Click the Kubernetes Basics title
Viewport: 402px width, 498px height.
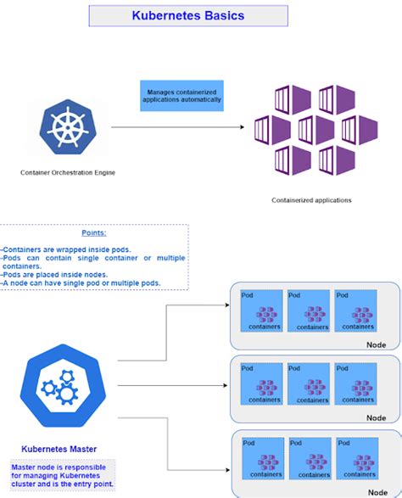coord(187,15)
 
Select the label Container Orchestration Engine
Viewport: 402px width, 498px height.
coord(69,172)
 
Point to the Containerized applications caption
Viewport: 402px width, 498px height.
coord(311,200)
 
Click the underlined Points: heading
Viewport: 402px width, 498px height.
coord(94,232)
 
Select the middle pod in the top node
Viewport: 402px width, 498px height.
coord(310,311)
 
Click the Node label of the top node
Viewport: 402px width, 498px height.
coord(376,344)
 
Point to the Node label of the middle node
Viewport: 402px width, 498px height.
coord(376,417)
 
